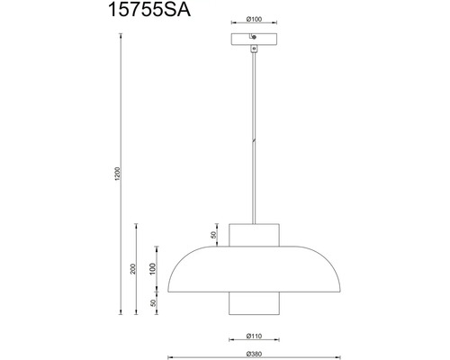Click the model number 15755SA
pos(149,9)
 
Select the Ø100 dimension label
pos(254,19)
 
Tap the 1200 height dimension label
pos(117,174)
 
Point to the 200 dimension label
pos(133,268)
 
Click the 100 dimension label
pos(153,269)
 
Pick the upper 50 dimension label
pos(213,235)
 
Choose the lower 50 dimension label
pos(153,303)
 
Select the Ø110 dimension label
pos(254,336)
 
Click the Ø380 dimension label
pos(254,354)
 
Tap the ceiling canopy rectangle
pos(254,39)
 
